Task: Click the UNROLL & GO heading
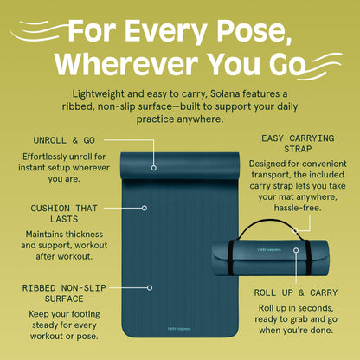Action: [64, 140]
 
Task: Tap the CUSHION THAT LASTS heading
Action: [64, 214]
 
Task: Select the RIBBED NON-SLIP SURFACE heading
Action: [64, 293]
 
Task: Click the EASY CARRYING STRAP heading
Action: [298, 144]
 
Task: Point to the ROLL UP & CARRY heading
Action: [296, 292]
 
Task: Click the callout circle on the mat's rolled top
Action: [154, 168]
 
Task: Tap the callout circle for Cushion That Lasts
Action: [145, 208]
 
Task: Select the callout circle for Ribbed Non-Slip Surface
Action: [150, 287]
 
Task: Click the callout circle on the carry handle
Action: [295, 230]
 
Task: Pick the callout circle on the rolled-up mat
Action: [296, 250]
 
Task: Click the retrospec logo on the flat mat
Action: [179, 329]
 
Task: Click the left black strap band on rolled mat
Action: [231, 257]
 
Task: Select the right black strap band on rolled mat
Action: [308, 257]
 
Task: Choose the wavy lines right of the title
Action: [319, 67]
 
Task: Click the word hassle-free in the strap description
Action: [298, 208]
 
